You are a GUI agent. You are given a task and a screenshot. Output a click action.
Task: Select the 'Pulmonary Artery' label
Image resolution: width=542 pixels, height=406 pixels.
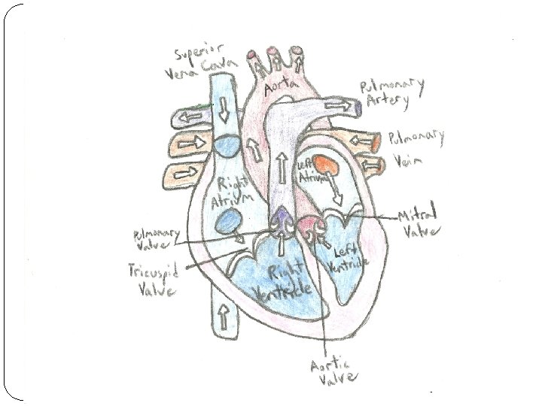[x=392, y=92]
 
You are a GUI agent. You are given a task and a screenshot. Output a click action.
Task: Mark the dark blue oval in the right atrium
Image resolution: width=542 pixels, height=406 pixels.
[x=229, y=221]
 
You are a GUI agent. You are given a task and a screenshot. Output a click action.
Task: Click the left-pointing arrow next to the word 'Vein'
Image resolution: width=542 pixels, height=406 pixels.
[x=371, y=162]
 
